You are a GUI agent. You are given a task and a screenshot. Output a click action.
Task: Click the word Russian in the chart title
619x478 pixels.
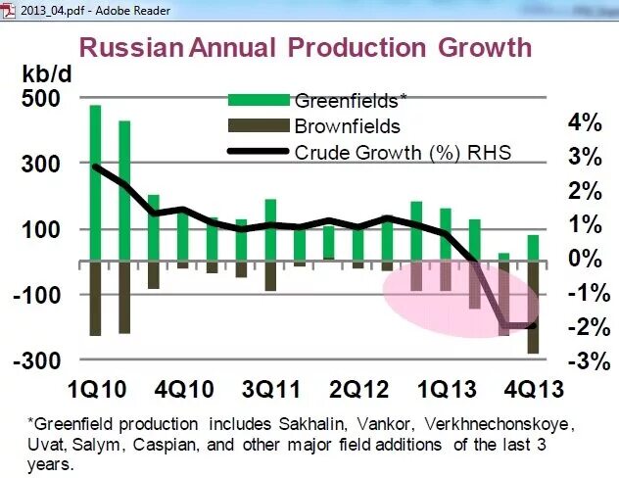tap(128, 47)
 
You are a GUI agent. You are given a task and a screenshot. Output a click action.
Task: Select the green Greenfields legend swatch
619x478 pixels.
tap(260, 100)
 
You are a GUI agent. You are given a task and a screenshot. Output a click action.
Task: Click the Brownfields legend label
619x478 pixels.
tap(347, 125)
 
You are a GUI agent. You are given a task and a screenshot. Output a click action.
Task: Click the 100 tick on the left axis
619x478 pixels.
tap(39, 229)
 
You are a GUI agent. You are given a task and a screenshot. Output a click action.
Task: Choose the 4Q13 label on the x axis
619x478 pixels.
tap(533, 389)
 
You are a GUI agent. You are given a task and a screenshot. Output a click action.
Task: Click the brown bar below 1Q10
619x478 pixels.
tap(95, 299)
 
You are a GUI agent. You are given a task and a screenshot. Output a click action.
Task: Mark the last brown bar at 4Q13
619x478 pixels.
tap(533, 308)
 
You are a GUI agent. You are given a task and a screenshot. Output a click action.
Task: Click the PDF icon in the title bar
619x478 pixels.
tap(10, 10)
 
